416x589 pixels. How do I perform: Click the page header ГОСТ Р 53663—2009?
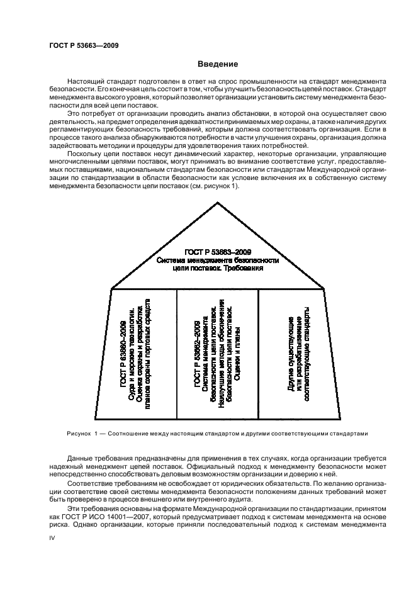pos(84,45)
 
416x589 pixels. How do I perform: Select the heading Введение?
pos(217,64)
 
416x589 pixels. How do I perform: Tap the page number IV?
pos(53,539)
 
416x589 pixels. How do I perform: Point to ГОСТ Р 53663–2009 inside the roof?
pos(217,250)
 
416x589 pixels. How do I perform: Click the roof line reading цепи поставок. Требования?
pos(217,267)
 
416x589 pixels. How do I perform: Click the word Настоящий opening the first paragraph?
pos(86,83)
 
